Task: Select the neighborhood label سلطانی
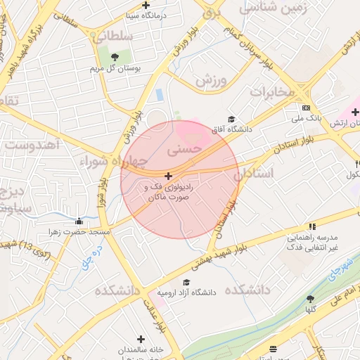point(112,35)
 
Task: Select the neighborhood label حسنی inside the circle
point(185,149)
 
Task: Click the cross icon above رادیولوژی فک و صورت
point(168,175)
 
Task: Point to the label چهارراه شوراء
point(112,162)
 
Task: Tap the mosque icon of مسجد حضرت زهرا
point(79,221)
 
